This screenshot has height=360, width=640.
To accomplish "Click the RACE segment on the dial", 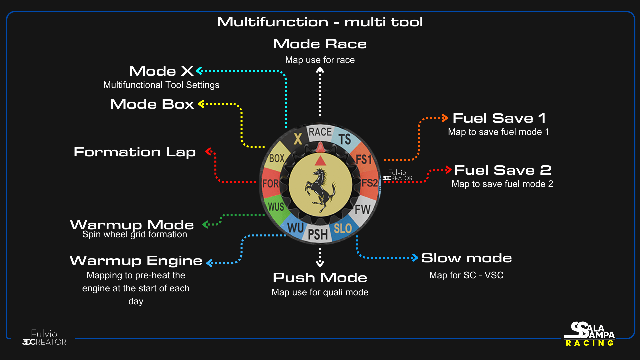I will pyautogui.click(x=320, y=132).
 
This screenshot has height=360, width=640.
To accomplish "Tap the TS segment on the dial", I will pyautogui.click(x=345, y=139).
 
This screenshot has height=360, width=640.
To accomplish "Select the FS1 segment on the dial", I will pyautogui.click(x=364, y=159).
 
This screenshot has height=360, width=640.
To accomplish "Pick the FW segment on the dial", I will pyautogui.click(x=362, y=209).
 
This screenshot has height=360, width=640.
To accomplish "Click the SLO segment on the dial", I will pyautogui.click(x=343, y=228).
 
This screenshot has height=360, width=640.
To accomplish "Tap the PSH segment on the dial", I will pyautogui.click(x=318, y=234).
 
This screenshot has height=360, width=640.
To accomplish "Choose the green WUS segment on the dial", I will pyautogui.click(x=276, y=207).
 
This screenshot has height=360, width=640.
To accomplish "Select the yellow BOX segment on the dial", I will pyautogui.click(x=277, y=158).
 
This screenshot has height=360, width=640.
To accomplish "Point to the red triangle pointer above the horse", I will pyautogui.click(x=320, y=161).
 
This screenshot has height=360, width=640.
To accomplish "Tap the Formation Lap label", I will pyautogui.click(x=135, y=152).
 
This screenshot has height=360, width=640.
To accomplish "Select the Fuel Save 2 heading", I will pyautogui.click(x=503, y=170).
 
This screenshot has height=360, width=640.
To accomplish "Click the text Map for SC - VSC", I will pyautogui.click(x=466, y=275).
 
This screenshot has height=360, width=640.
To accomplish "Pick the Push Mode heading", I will pyautogui.click(x=320, y=278).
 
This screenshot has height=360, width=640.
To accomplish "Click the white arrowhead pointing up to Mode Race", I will pyautogui.click(x=320, y=70).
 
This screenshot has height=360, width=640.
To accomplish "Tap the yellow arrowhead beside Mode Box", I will pyautogui.click(x=201, y=104).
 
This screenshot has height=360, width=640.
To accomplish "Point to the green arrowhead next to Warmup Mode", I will pyautogui.click(x=205, y=225).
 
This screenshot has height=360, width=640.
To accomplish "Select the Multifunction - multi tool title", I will pyautogui.click(x=320, y=22).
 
